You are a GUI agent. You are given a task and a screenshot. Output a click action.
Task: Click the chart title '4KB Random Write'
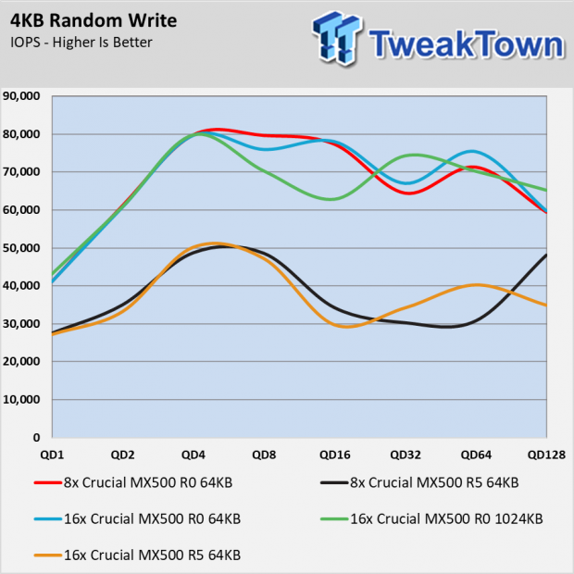click(x=94, y=20)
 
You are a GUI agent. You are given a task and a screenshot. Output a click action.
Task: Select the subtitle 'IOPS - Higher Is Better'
click(x=81, y=43)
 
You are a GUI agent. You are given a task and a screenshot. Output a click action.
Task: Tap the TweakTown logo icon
click(x=337, y=38)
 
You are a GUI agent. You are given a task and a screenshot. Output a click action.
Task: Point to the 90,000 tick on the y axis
click(x=21, y=96)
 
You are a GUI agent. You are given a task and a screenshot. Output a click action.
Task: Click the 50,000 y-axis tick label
click(x=21, y=248)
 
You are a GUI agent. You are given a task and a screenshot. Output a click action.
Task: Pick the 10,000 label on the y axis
click(x=21, y=400)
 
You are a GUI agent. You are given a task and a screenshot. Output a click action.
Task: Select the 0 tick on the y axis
click(x=36, y=438)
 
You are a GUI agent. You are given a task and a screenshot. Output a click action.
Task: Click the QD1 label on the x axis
click(x=52, y=455)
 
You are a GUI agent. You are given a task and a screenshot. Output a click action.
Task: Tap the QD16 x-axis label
click(x=335, y=455)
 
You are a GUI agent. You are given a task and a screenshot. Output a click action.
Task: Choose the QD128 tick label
click(x=546, y=455)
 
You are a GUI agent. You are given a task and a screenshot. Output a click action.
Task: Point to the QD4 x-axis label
click(x=193, y=455)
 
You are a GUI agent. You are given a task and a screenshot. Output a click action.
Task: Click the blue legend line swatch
click(x=47, y=519)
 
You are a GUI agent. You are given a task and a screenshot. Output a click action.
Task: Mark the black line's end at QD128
click(x=546, y=255)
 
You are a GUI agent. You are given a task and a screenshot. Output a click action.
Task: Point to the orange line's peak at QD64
click(x=476, y=285)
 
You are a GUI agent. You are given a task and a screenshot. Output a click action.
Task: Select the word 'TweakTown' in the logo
click(x=467, y=44)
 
